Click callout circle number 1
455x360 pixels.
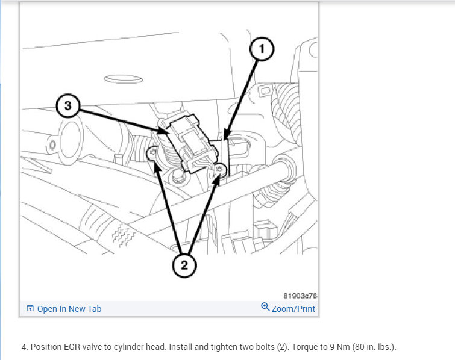click(262, 49)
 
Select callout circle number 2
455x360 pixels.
click(184, 265)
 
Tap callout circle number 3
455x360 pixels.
click(68, 105)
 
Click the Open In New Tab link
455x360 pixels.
click(69, 309)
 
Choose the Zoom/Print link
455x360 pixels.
click(293, 309)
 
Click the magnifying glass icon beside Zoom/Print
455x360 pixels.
click(265, 306)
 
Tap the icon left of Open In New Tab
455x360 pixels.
click(30, 308)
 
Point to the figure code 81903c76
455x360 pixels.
click(300, 296)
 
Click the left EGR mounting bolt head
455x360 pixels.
click(152, 152)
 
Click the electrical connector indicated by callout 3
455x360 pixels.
click(189, 142)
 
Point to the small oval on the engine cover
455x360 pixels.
click(124, 79)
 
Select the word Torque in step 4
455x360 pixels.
click(301, 347)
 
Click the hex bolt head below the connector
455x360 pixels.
click(178, 176)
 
